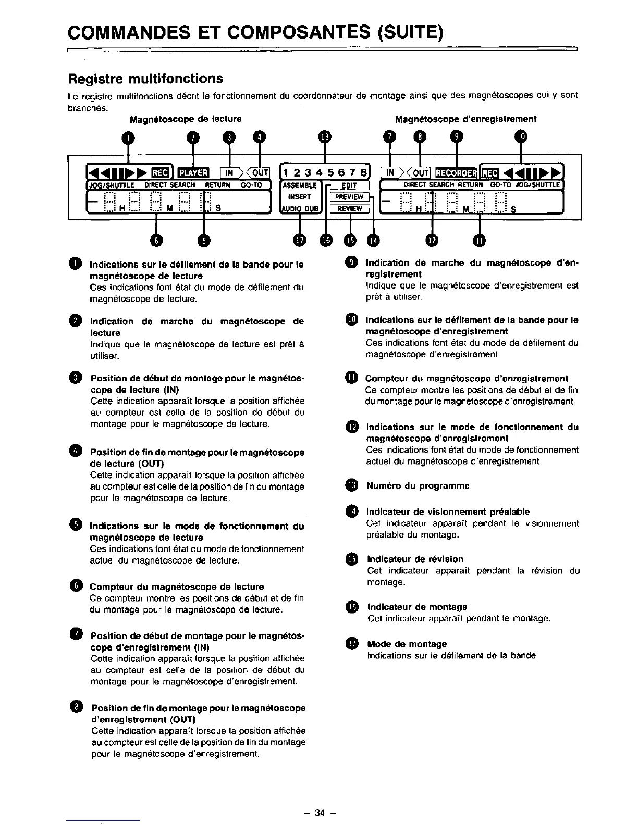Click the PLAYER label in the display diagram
[x=193, y=173]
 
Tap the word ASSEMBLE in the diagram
[x=299, y=185]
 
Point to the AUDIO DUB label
[x=299, y=209]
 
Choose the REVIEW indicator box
[x=349, y=209]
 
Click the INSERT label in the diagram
[x=299, y=197]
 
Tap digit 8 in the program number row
[x=363, y=173]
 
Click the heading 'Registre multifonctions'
[x=146, y=79]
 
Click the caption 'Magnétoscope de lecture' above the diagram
[x=186, y=119]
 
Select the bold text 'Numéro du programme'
[x=418, y=486]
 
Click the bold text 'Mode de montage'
[x=407, y=644]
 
